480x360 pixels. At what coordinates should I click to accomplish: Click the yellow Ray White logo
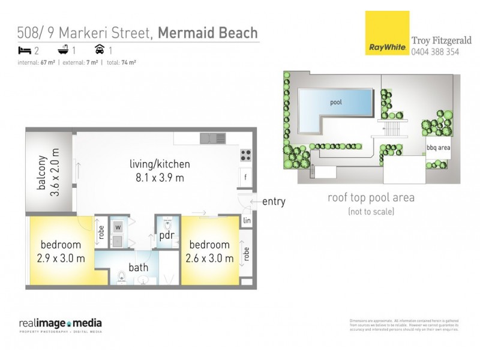click(387, 33)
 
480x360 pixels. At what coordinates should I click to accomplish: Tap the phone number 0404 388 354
click(436, 52)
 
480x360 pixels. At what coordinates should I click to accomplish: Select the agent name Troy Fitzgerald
click(442, 41)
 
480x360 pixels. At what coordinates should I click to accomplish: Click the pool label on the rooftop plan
click(336, 102)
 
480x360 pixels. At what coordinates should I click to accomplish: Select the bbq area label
click(438, 147)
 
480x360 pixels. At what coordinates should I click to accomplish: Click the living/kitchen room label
click(160, 164)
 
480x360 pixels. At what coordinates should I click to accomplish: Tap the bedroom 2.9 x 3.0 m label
click(61, 251)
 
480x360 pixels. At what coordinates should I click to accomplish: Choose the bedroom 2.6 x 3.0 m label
click(209, 251)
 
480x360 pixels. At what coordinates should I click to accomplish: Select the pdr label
click(166, 236)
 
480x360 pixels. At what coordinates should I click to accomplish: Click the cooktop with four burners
click(246, 155)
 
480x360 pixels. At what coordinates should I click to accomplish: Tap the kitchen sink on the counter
click(213, 138)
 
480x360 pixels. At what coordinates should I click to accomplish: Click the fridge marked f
click(245, 176)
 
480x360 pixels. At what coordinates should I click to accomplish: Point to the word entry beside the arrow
click(274, 202)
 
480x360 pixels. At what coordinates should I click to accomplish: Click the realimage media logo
click(61, 325)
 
